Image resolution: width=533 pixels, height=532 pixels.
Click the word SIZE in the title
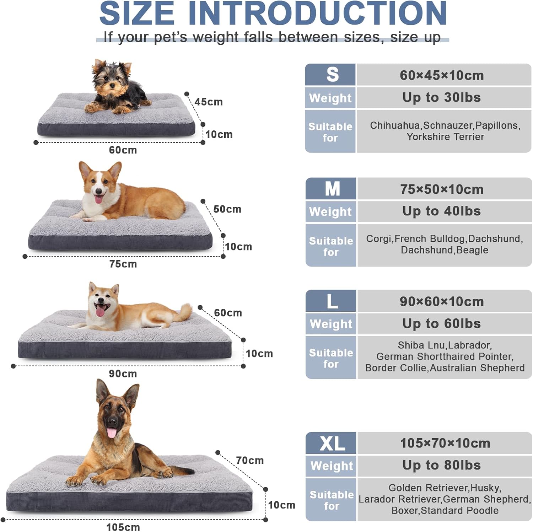click(x=137, y=14)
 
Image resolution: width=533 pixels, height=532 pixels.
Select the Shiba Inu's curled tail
click(x=184, y=312)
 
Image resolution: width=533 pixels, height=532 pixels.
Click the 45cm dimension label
click(x=209, y=102)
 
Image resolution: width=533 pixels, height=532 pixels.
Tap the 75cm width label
click(x=123, y=264)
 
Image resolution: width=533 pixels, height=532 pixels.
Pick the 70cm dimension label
click(x=250, y=461)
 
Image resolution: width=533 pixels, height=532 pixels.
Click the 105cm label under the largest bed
click(x=123, y=527)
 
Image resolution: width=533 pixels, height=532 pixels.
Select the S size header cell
click(x=330, y=75)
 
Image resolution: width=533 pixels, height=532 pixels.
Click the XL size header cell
click(x=331, y=443)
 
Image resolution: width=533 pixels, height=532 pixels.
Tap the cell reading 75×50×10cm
click(x=442, y=189)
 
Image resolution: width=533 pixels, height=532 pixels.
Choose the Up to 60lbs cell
click(x=442, y=323)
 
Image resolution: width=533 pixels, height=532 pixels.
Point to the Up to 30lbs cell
click(x=442, y=97)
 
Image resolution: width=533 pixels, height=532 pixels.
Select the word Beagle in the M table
click(x=472, y=250)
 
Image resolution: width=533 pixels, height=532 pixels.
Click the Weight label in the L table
click(x=331, y=324)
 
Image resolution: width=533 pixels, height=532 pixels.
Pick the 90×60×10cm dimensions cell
click(x=442, y=302)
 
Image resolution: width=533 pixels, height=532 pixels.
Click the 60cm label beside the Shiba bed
click(x=228, y=313)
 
